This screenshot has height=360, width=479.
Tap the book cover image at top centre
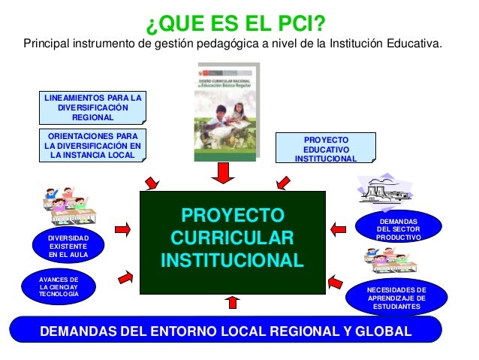pyautogui.click(x=224, y=109)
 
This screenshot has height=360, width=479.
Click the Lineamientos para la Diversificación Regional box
pyautogui.click(x=92, y=107)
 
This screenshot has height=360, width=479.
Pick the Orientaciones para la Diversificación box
pyautogui.click(x=92, y=144)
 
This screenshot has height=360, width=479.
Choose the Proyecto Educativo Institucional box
pyautogui.click(x=325, y=149)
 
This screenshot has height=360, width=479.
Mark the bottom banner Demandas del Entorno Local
pyautogui.click(x=225, y=331)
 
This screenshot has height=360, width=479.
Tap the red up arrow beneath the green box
pyautogui.click(x=233, y=302)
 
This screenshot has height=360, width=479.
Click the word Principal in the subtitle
pyautogui.click(x=47, y=42)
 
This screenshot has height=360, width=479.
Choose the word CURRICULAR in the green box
pyautogui.click(x=233, y=239)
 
